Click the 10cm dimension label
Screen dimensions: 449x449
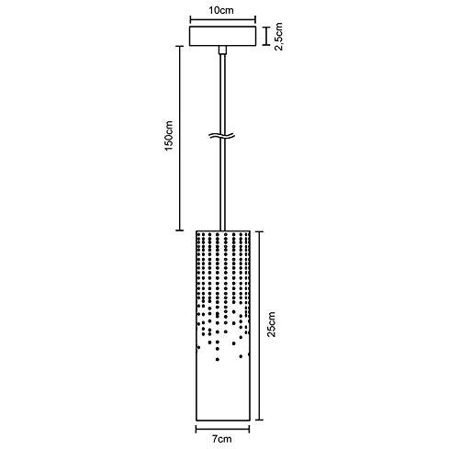(221, 10)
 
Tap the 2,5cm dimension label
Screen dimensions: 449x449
(279, 37)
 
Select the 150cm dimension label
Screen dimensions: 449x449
(169, 136)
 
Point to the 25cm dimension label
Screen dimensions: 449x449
(271, 324)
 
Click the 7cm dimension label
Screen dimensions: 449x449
(222, 439)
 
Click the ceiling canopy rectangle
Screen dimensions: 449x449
(222, 36)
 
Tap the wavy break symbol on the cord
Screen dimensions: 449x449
(222, 135)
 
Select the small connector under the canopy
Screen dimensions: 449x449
(222, 51)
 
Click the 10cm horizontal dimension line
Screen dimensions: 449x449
(222, 20)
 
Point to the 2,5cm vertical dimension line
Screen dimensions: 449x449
(267, 36)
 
